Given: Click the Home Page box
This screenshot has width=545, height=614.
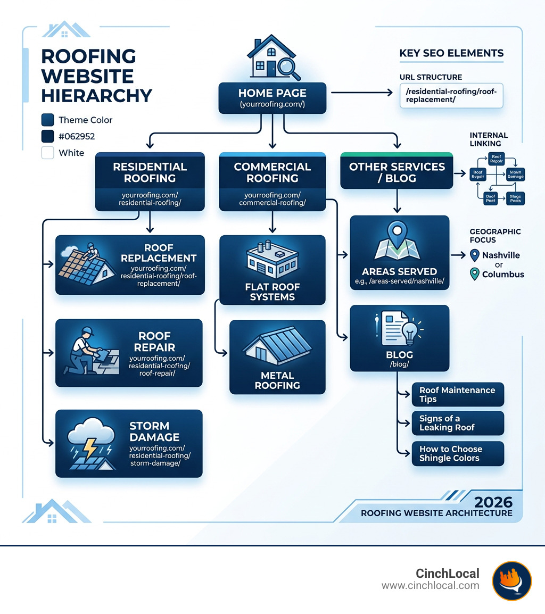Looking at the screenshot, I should click(272, 97).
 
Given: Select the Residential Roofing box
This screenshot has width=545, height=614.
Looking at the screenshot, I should click(150, 181).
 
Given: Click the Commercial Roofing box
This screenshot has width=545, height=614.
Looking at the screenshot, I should click(272, 181).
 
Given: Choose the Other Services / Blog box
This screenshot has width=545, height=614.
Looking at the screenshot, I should click(397, 171).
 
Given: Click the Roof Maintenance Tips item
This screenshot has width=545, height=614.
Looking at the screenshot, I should click(457, 394).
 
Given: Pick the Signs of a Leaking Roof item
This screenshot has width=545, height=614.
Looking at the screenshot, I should click(457, 422).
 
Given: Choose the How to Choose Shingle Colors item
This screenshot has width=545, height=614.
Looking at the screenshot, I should click(457, 453).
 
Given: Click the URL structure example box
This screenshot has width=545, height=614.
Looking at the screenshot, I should click(451, 95).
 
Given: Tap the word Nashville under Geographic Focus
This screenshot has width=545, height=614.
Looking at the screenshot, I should click(501, 255).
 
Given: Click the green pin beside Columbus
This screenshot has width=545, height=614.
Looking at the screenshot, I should click(475, 275).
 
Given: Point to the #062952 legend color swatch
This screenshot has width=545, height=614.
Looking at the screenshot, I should click(48, 136).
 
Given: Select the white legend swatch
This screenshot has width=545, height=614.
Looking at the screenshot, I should click(48, 153).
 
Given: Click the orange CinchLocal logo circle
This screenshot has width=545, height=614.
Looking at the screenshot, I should click(511, 581).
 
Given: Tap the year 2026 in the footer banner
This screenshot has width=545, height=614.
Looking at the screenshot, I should click(493, 502).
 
